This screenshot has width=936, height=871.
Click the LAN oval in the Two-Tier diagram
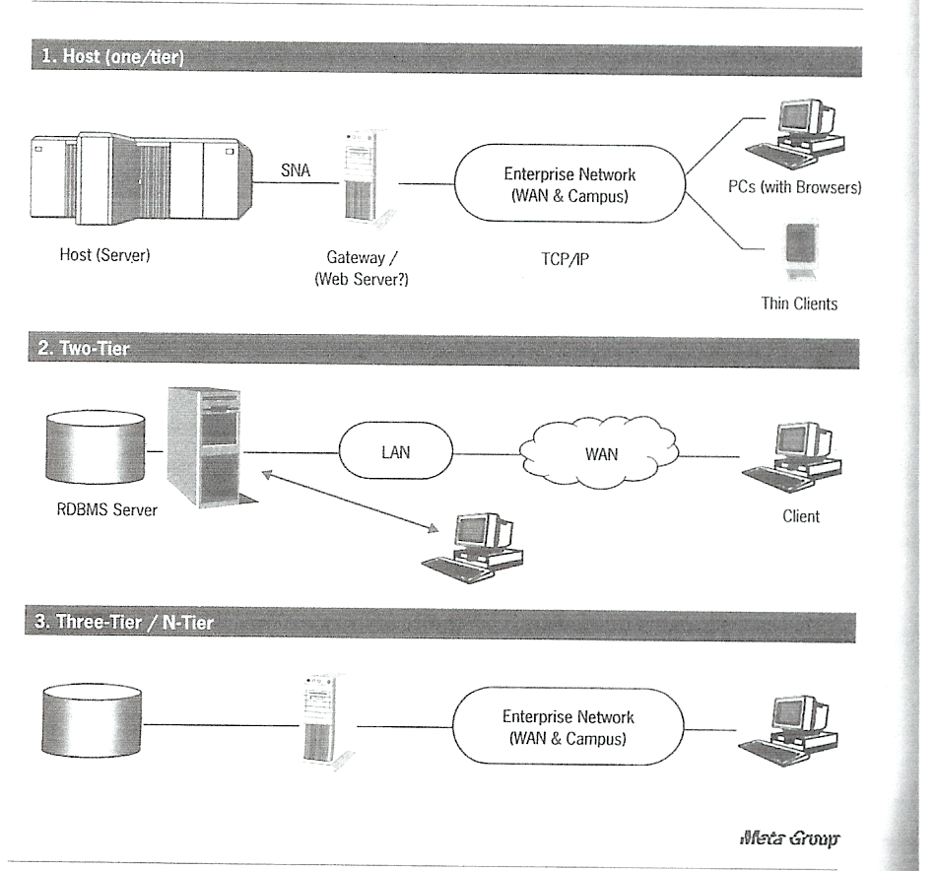point(395,454)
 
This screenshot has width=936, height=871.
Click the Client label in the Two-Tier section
point(800,515)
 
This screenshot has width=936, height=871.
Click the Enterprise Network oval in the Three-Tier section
point(568,728)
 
